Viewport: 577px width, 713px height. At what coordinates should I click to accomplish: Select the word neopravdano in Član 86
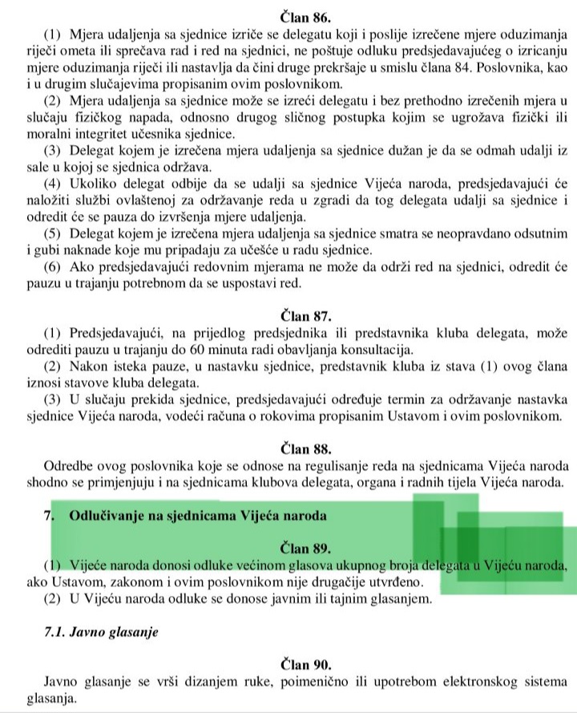(473, 235)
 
